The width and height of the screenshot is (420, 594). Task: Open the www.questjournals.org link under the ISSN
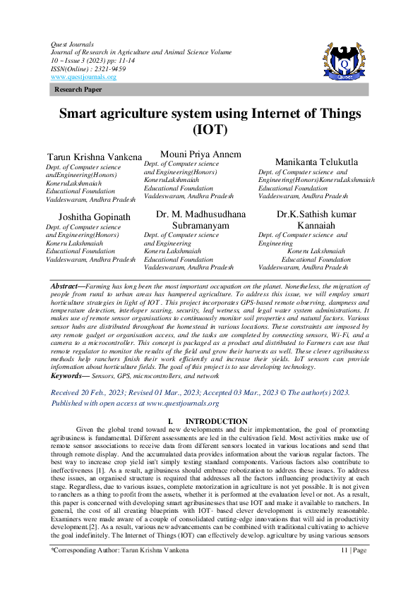(83, 77)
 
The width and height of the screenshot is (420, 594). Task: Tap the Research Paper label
(78, 90)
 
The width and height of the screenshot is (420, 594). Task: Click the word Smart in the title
(83, 114)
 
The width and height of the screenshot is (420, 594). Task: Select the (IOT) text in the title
(210, 130)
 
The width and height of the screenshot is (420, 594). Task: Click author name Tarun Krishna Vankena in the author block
(94, 156)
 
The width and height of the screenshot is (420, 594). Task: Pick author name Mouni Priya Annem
(201, 154)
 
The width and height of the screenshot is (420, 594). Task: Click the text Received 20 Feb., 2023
(89, 392)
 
